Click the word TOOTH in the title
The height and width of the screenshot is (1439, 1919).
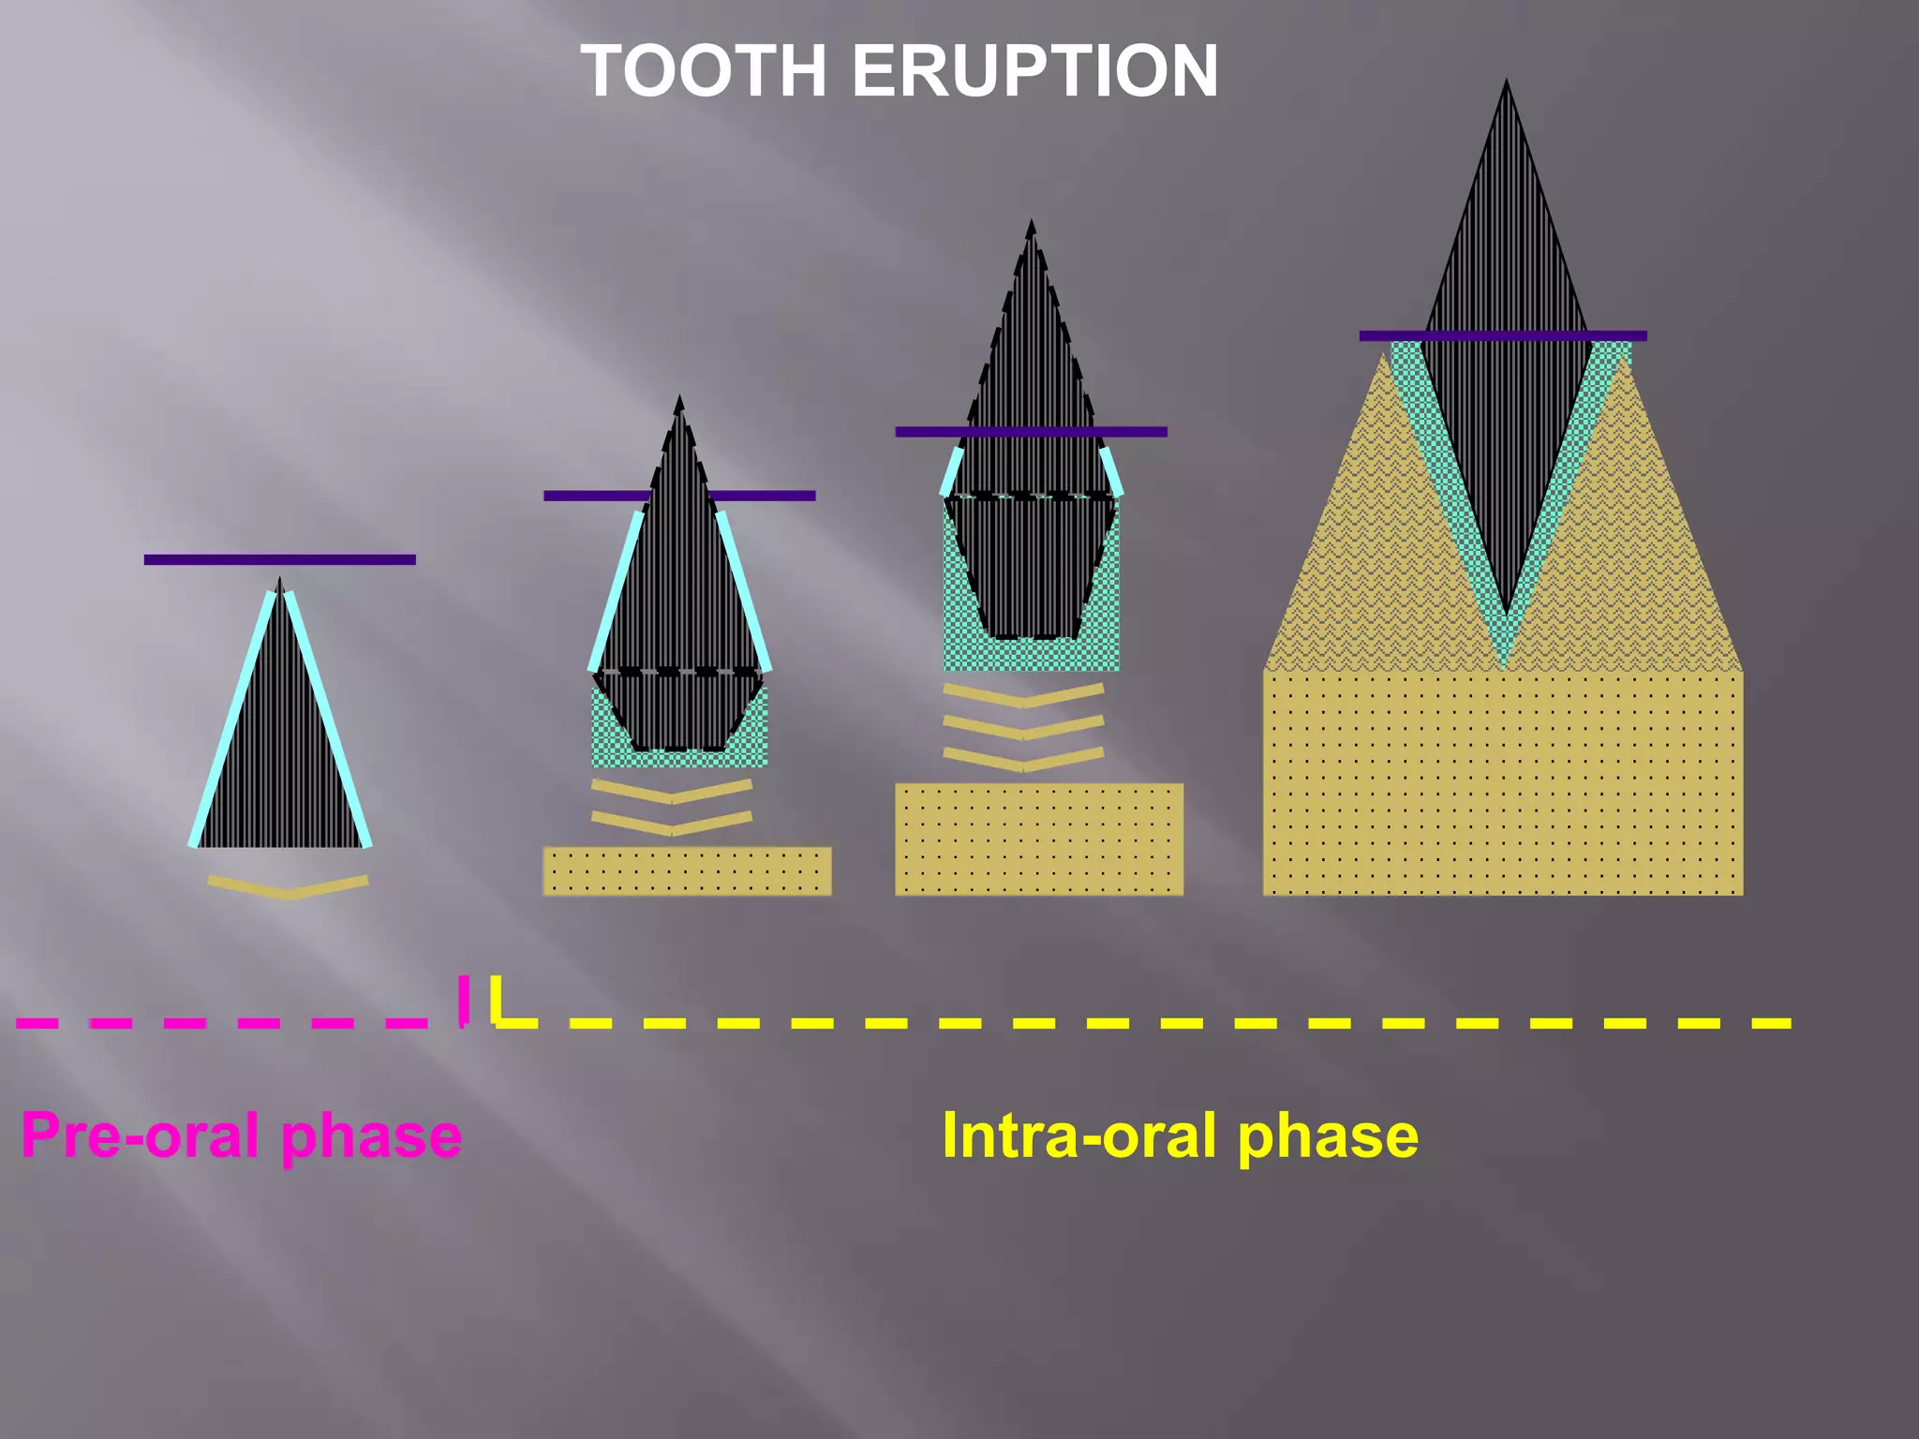pos(704,71)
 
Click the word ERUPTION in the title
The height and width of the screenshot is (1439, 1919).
pos(1034,71)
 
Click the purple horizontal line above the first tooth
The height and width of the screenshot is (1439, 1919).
pos(279,559)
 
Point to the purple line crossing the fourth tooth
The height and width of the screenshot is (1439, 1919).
pos(1502,335)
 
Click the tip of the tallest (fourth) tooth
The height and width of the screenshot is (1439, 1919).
pos(1506,84)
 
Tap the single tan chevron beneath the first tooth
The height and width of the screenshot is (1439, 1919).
pos(288,887)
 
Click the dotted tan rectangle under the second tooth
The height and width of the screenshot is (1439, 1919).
pos(687,871)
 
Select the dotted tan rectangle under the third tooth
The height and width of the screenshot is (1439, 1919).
pos(1038,839)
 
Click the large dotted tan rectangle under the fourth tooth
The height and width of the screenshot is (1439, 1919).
pos(1502,782)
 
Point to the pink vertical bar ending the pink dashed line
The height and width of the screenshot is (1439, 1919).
pos(463,1000)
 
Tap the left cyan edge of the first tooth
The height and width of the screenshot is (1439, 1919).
pos(231,719)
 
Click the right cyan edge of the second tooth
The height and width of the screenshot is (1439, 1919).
pos(744,592)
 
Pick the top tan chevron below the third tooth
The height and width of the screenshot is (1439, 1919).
pos(1023,696)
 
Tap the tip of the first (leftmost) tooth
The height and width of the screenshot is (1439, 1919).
pos(279,582)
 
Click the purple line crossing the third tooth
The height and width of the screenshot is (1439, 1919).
pos(1031,432)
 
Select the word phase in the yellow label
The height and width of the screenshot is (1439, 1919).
pos(1328,1135)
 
